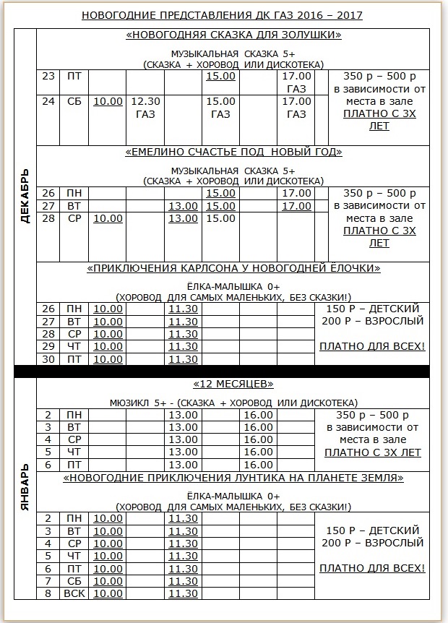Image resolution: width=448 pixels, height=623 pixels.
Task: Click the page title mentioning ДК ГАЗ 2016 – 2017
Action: pyautogui.click(x=222, y=14)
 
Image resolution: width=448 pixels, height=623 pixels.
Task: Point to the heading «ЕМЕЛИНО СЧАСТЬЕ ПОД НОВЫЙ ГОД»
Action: pyautogui.click(x=233, y=152)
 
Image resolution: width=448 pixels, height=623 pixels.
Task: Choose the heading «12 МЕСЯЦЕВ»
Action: pyautogui.click(x=233, y=384)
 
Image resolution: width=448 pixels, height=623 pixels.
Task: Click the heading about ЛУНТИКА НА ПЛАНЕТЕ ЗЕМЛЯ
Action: pyautogui.click(x=233, y=478)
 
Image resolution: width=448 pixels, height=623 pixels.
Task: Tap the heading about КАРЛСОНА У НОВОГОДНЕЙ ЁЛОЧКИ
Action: pyautogui.click(x=233, y=268)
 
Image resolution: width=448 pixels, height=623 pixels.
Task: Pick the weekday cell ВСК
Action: pyautogui.click(x=74, y=593)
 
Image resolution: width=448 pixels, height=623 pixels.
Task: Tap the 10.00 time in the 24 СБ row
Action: pyautogui.click(x=108, y=101)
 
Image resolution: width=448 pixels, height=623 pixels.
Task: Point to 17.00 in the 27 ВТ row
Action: pyautogui.click(x=296, y=206)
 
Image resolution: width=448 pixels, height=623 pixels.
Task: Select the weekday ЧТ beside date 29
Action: pyautogui.click(x=74, y=346)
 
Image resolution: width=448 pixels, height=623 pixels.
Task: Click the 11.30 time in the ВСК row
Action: pyautogui.click(x=183, y=593)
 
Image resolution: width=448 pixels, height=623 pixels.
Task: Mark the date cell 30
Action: pyautogui.click(x=48, y=359)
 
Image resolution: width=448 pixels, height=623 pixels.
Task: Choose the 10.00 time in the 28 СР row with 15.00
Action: pyautogui.click(x=108, y=218)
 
